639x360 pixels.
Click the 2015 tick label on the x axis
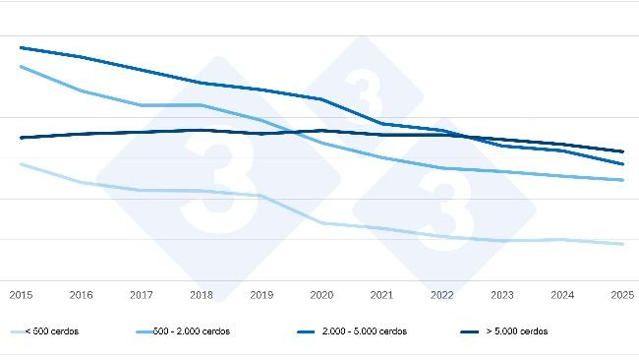(x=20, y=294)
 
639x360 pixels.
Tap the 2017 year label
(x=141, y=294)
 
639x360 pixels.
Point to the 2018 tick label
(x=201, y=294)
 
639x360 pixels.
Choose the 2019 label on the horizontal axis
(x=261, y=294)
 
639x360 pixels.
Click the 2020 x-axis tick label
(x=321, y=294)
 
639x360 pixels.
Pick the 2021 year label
(x=381, y=294)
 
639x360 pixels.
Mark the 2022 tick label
(x=442, y=294)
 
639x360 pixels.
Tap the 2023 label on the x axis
(x=502, y=294)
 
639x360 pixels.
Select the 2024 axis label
(x=562, y=294)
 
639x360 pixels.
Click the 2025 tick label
(x=621, y=294)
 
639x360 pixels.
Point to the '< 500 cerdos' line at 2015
(x=20, y=164)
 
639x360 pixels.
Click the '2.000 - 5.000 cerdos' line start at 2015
(x=20, y=47)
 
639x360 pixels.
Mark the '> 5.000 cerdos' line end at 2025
(x=622, y=151)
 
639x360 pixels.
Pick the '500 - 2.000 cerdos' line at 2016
(x=81, y=90)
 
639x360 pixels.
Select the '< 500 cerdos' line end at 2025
(x=622, y=244)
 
